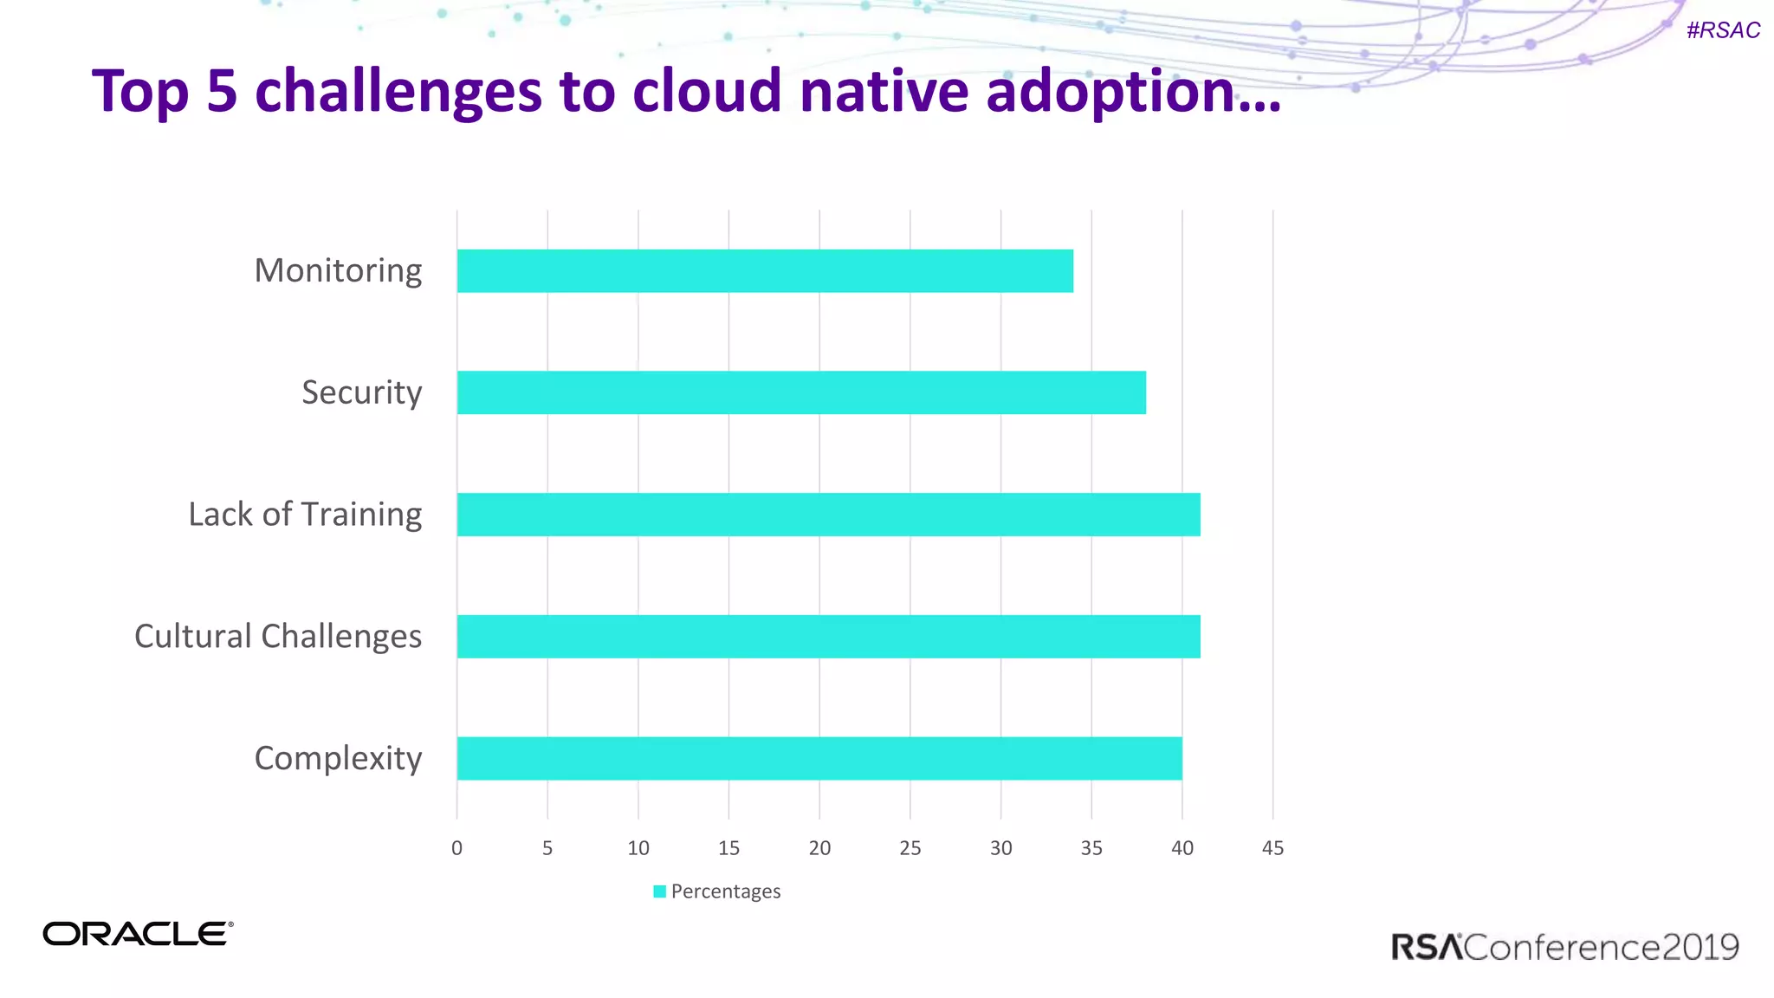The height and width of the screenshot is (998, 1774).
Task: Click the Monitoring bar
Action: pyautogui.click(x=765, y=271)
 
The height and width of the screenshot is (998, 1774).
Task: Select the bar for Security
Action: pyautogui.click(x=801, y=392)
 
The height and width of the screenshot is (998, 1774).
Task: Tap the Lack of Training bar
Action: pyautogui.click(x=828, y=515)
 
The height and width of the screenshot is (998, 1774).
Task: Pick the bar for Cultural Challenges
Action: pyautogui.click(x=828, y=637)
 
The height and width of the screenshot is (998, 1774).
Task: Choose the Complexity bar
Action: pyautogui.click(x=819, y=758)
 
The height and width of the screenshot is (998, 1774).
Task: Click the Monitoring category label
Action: pyautogui.click(x=338, y=271)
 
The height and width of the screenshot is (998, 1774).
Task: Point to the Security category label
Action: pyautogui.click(x=361, y=392)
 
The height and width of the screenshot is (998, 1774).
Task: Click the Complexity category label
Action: pyautogui.click(x=338, y=759)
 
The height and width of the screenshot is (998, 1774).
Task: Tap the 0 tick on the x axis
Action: pyautogui.click(x=456, y=848)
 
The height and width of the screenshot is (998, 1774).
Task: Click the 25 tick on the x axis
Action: pyautogui.click(x=910, y=848)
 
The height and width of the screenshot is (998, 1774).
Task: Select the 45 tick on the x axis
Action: pyautogui.click(x=1272, y=848)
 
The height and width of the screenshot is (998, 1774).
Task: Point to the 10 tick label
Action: pyautogui.click(x=638, y=848)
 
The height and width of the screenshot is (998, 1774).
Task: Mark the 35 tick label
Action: pyautogui.click(x=1091, y=848)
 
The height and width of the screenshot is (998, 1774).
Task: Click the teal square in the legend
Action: pyautogui.click(x=659, y=891)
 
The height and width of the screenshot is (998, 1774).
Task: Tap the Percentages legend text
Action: pyautogui.click(x=726, y=891)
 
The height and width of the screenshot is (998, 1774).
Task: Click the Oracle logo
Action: pyautogui.click(x=138, y=934)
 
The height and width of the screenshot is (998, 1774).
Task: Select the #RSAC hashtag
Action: pyautogui.click(x=1723, y=30)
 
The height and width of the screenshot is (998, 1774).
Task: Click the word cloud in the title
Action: pyautogui.click(x=707, y=92)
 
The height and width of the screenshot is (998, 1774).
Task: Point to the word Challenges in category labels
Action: pyautogui.click(x=341, y=637)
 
